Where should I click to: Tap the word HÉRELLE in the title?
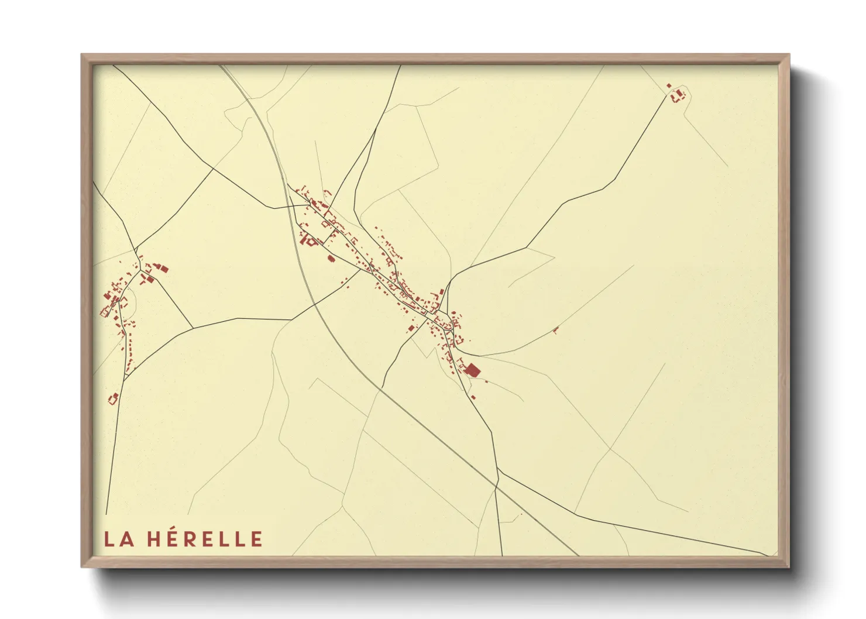(x=205, y=539)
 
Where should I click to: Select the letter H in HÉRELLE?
(x=154, y=539)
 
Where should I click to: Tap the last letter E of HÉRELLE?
(x=256, y=539)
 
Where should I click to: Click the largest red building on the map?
(x=472, y=370)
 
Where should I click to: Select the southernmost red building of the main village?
(x=473, y=397)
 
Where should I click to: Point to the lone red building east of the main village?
(x=555, y=331)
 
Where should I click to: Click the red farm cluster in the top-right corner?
(x=678, y=96)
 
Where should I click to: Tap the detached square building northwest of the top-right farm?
(x=669, y=86)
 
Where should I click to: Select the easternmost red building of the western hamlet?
(x=163, y=269)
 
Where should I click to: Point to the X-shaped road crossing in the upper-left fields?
(x=212, y=168)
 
